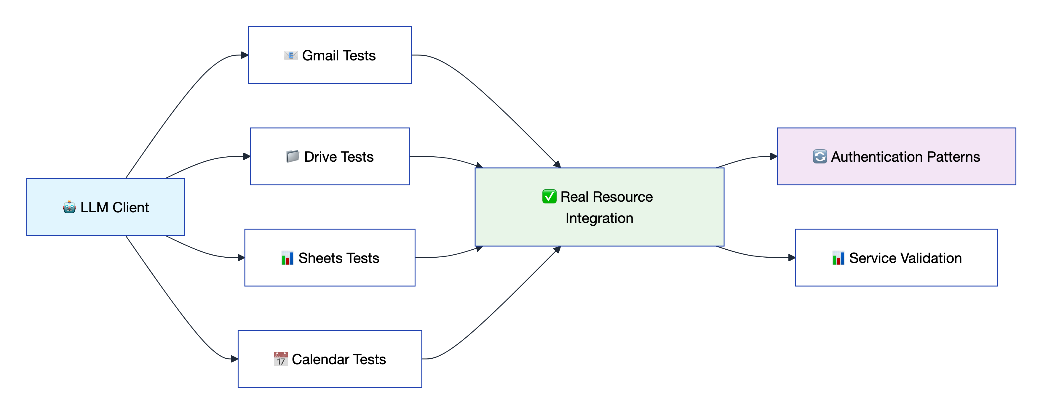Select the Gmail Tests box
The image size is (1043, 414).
click(330, 55)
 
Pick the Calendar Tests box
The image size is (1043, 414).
click(330, 359)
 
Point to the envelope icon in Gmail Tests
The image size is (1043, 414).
click(291, 55)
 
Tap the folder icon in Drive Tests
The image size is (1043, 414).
click(292, 156)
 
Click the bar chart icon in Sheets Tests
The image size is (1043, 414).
click(287, 258)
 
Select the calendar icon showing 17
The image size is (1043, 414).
click(281, 359)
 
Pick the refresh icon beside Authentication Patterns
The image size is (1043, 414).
click(820, 157)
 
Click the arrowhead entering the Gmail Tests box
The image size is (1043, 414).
click(245, 55)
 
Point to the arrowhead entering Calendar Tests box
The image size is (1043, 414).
click(234, 359)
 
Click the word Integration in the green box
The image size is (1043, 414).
click(599, 218)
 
